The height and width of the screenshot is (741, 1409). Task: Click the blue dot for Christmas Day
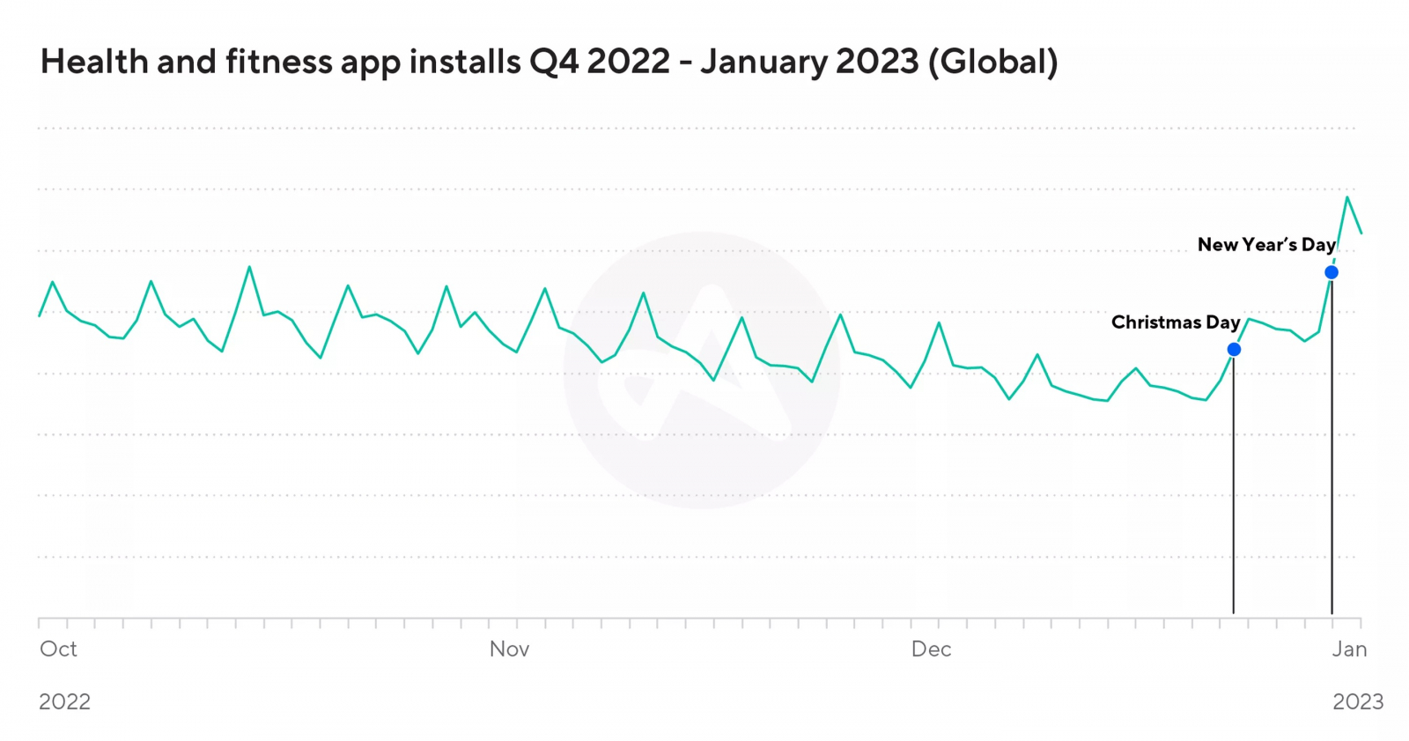1234,350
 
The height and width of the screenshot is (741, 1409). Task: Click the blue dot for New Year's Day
1332,272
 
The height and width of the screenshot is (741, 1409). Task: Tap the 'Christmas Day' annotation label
1175,322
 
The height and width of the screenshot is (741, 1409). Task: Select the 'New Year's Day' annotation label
1265,245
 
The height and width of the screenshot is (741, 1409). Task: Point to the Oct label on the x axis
58,649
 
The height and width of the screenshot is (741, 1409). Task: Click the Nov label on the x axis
509,649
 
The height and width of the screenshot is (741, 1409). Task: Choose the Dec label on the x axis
931,649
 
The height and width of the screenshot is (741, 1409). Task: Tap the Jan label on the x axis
1349,649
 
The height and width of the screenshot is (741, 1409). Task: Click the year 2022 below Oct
64,701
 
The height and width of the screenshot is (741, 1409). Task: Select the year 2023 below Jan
1357,701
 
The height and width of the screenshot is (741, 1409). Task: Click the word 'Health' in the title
94,62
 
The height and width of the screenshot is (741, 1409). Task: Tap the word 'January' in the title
762,62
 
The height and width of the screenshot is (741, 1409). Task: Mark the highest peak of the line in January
1346,197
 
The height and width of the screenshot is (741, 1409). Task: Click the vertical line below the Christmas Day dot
1234,485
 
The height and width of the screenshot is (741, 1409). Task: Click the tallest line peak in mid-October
249,267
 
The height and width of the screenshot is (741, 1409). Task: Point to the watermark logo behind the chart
702,370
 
